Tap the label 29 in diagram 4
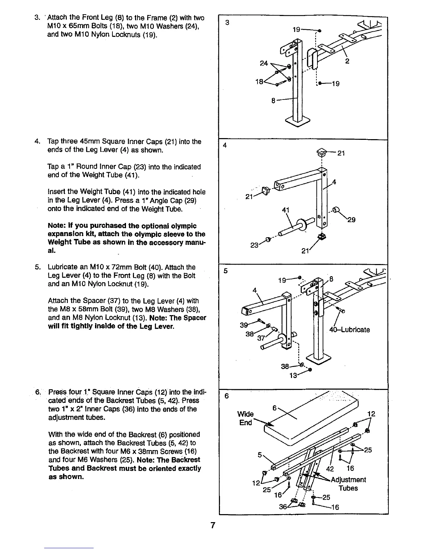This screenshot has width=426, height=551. pos(351,219)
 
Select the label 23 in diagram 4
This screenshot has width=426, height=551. pos(255,245)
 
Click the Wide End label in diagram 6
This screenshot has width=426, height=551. pos(245,418)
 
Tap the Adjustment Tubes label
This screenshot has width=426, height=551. pos(348,484)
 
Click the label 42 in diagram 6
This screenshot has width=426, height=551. pos(330,469)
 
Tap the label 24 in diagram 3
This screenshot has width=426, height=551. pos(264,63)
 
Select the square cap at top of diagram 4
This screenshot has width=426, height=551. pos(322,152)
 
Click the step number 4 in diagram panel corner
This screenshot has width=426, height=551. pos(225,145)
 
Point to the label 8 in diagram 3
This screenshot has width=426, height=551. pos(274,101)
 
